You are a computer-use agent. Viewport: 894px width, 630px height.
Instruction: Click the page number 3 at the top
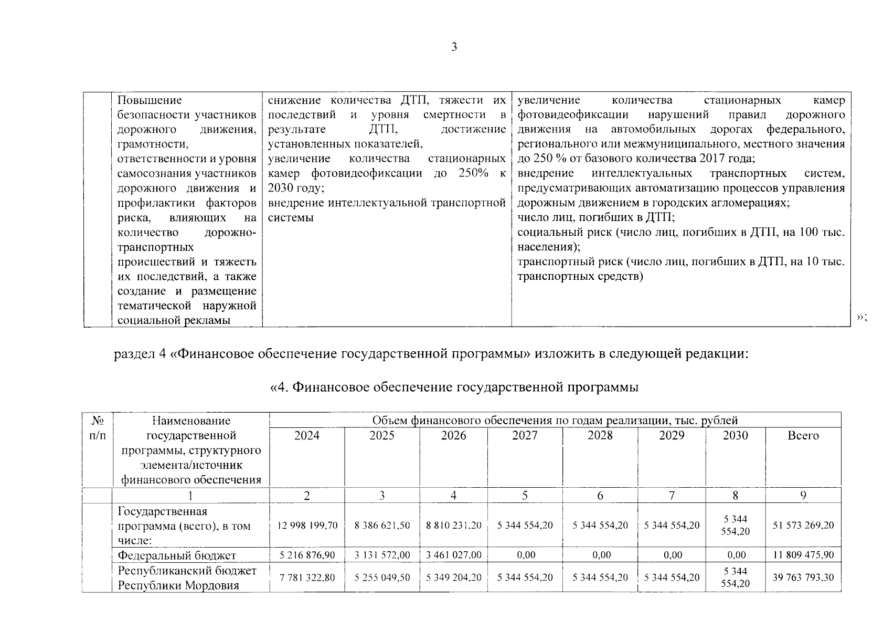pos(454,47)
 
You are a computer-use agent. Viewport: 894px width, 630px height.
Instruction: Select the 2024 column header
pos(307,435)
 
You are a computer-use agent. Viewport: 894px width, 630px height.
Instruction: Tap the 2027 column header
pos(525,435)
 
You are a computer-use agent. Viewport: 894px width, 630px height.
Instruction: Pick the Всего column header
pos(803,435)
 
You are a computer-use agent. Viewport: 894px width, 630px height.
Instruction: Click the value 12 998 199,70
pos(307,525)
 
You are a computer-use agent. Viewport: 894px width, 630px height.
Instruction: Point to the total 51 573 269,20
pos(803,525)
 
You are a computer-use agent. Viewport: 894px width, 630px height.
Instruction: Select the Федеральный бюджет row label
pos(177,555)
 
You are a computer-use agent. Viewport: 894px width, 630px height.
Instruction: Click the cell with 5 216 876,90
pos(307,555)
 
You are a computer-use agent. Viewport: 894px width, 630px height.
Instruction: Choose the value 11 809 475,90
pos(803,555)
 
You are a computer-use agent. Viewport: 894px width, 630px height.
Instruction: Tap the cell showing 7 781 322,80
pos(307,577)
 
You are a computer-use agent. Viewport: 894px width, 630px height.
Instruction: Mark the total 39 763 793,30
pos(803,577)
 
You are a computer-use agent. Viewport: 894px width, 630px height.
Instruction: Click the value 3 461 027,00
pos(453,555)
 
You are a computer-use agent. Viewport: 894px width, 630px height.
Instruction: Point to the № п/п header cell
pos(97,428)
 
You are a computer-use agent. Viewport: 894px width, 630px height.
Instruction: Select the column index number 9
pos(803,495)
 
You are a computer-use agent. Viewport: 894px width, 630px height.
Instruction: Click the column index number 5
pos(525,495)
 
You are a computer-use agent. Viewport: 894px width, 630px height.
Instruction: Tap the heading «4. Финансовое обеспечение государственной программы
pos(454,387)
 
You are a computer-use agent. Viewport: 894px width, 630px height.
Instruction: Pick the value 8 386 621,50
pos(382,525)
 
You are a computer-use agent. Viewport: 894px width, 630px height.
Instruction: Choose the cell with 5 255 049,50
pos(382,577)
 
